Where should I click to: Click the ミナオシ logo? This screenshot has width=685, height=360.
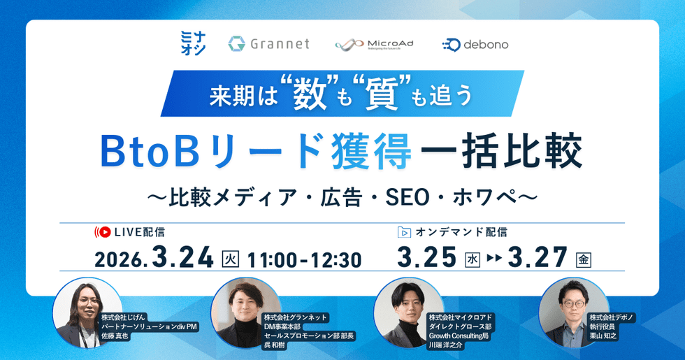coord(193,43)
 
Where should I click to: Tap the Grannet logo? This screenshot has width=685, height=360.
coord(268,43)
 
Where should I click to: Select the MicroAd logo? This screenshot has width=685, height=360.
coord(374,44)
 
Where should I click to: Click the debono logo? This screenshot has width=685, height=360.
coord(475,45)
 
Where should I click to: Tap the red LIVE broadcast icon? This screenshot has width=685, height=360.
coord(103,232)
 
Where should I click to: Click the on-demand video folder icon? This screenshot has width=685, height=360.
coord(404,232)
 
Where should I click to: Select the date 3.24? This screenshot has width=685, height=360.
coord(182,257)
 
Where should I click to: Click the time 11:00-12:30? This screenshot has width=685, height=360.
coord(305,260)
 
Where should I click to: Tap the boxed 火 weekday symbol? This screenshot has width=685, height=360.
coord(230,259)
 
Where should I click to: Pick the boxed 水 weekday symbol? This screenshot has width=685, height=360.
coord(473,260)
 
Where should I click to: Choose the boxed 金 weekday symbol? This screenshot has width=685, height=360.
coord(584,260)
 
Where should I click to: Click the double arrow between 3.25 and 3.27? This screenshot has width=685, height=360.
coord(494,258)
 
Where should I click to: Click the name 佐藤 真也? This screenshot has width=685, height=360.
coord(115,336)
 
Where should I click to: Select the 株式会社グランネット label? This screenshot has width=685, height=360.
coord(295,317)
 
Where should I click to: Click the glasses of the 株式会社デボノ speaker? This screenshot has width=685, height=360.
coord(573,303)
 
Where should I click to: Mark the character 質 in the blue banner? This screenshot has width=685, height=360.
coord(382,94)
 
